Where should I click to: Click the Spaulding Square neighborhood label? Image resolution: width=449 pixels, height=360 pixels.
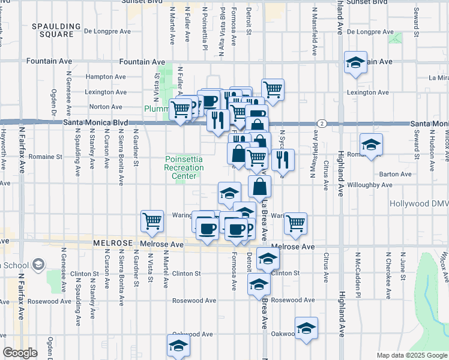coord(56,30)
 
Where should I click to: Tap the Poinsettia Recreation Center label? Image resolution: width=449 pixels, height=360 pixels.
coord(185,167)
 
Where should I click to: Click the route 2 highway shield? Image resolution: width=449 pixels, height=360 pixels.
coord(322,123)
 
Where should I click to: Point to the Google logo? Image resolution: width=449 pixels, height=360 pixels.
coord(20,353)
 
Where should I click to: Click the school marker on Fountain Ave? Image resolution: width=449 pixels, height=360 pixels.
coord(355,62)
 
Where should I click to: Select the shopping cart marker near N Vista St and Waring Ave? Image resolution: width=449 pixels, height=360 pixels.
coord(152,220)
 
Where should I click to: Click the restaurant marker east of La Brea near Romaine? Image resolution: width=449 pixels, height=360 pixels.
coord(282,160)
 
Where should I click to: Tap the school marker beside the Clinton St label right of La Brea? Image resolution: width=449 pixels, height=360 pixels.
coord(268,259)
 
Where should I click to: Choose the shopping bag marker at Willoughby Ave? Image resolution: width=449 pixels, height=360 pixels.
coord(259,187)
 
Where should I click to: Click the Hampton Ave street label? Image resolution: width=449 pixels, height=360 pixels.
coord(106,77)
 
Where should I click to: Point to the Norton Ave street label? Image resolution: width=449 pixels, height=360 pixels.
coord(106,107)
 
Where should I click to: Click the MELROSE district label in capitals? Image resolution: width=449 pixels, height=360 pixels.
coord(113,244)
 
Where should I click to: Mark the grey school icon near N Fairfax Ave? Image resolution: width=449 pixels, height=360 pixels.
coord(39,264)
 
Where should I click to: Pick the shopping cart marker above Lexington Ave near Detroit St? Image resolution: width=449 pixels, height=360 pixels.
coord(273,89)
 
